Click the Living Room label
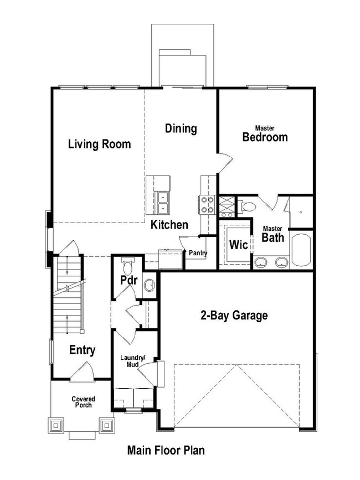pos(100,144)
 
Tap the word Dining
pos(181,129)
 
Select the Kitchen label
pos(169,225)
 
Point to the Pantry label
pos(198,254)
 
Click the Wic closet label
pos(238,244)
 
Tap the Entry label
pos(82,350)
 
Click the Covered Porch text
pos(83,402)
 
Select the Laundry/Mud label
pos(133,360)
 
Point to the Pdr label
pos(129,280)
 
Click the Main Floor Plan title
pos(166,450)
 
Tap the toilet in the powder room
pos(128,267)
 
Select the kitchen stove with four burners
pos(207,205)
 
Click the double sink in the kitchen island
pos(163,202)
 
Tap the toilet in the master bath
pos(248,207)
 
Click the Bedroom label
pos(265,137)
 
